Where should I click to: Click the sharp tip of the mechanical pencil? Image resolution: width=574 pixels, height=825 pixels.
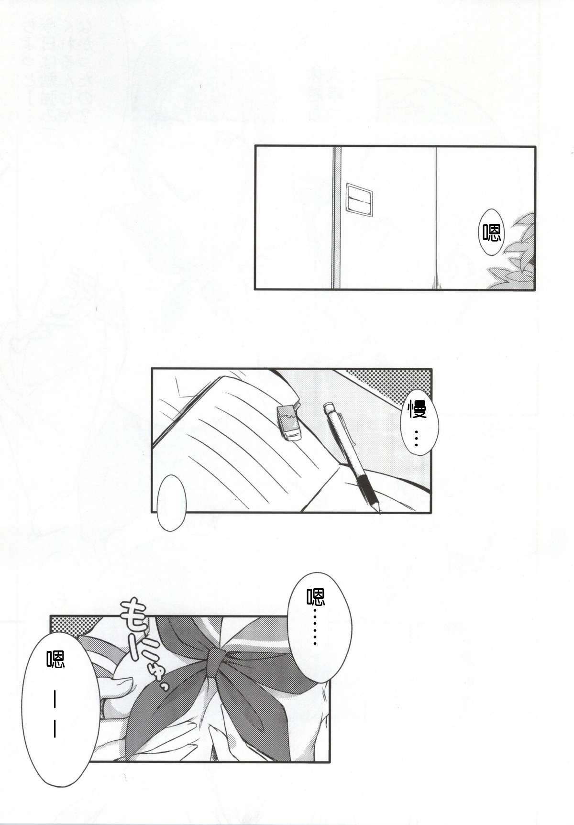click(379, 512)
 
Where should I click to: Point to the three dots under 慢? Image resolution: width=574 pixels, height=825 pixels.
click(417, 438)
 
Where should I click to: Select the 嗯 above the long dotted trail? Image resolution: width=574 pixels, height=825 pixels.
click(316, 597)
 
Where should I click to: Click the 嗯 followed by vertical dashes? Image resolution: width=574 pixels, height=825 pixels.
click(55, 660)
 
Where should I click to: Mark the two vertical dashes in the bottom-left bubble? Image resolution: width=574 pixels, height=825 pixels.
click(56, 720)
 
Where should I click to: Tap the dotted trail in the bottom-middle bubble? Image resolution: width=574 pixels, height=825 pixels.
click(315, 627)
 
